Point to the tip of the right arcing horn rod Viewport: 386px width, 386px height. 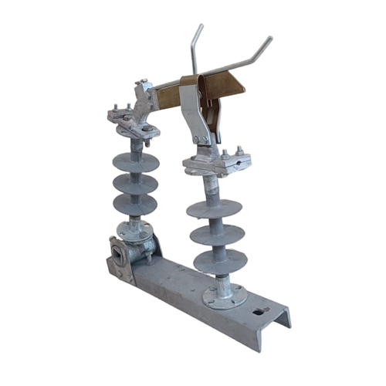coord(269,38)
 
